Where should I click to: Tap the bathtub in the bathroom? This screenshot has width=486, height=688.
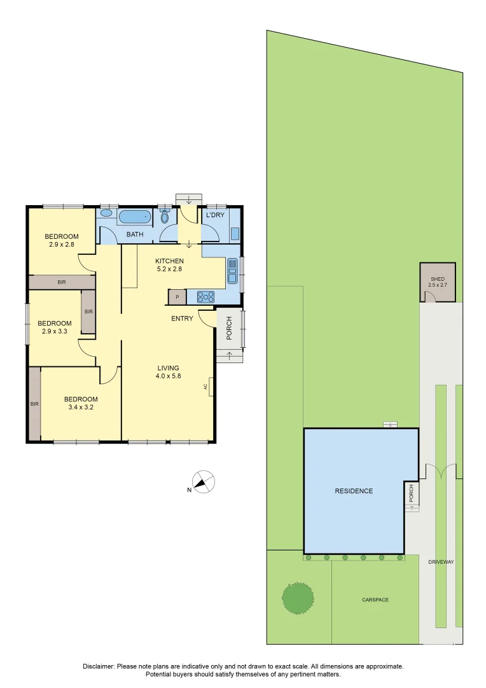(x=134, y=217)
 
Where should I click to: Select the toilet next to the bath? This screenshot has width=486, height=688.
(x=165, y=217)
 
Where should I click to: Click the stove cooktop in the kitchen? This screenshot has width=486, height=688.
(x=205, y=296)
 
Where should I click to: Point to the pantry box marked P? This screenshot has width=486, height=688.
(x=177, y=297)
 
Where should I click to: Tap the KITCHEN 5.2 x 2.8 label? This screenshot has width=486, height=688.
(x=170, y=265)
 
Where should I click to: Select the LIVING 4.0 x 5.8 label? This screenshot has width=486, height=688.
(x=169, y=372)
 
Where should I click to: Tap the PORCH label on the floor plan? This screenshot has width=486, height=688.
(x=228, y=328)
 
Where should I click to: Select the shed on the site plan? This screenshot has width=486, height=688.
(x=438, y=282)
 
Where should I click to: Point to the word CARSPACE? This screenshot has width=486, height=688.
(x=375, y=599)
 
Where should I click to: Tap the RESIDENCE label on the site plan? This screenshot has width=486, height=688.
(x=354, y=491)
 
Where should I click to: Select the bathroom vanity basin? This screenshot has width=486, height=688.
(x=106, y=214)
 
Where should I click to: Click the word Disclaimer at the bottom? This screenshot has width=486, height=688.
(x=99, y=666)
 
